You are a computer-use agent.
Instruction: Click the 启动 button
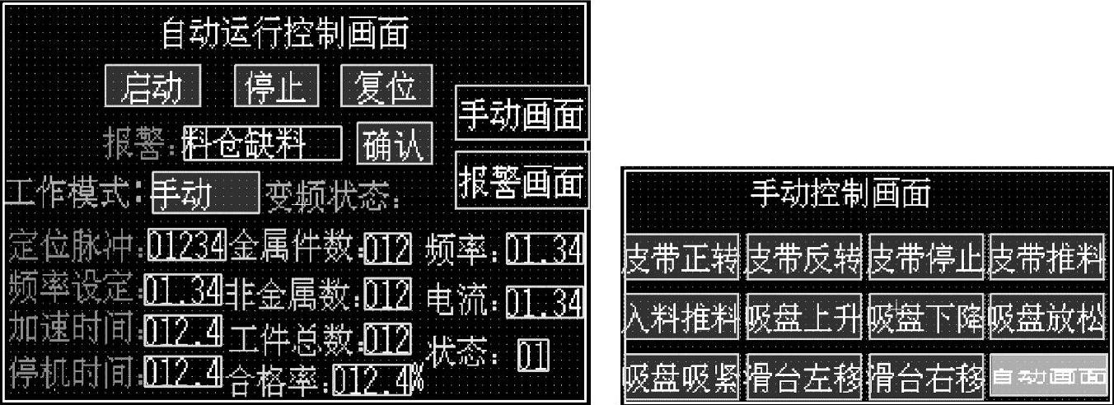point(153,86)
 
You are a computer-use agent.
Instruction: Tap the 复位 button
point(386,86)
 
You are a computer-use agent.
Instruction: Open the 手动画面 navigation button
point(522,113)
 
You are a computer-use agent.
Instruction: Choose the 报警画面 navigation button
point(522,179)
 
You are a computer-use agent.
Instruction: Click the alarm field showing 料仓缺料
point(262,144)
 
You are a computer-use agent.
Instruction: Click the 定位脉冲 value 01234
point(186,245)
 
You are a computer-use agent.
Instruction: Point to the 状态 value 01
point(532,356)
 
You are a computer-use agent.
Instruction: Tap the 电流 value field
point(545,301)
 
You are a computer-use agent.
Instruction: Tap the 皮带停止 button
point(927,258)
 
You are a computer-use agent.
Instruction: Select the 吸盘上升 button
point(803,318)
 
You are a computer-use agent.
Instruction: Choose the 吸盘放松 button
point(1048,318)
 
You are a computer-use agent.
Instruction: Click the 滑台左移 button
point(803,377)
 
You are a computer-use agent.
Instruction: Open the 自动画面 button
point(1048,377)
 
